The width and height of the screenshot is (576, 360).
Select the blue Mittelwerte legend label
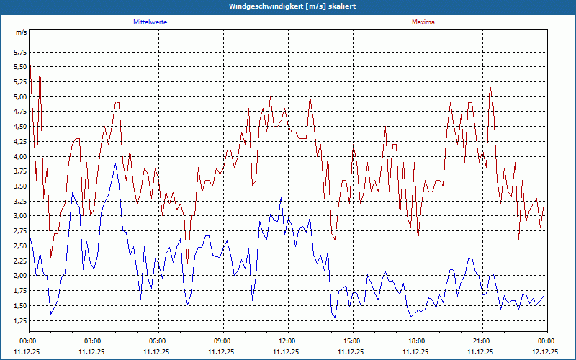(x=150, y=22)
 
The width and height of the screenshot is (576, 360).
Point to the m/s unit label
(x=22, y=33)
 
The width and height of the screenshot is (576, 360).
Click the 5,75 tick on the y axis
(x=19, y=53)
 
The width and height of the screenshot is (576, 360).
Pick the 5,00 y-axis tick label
(x=19, y=97)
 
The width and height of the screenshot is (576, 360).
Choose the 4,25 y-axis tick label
(x=19, y=142)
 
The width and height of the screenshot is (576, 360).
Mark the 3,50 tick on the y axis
(x=19, y=186)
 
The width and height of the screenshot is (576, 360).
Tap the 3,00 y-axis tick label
(x=19, y=216)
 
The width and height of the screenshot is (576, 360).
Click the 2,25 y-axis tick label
(x=19, y=261)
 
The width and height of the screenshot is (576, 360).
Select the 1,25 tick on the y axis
(x=19, y=320)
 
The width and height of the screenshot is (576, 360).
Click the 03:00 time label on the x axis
(x=93, y=341)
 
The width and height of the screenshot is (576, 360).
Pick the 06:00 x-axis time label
(x=158, y=341)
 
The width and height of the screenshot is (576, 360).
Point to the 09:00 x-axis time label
(x=222, y=341)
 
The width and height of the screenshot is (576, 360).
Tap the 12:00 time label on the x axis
(x=287, y=341)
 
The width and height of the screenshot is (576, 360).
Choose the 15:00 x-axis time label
(x=352, y=341)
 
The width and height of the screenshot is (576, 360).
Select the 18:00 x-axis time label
(x=417, y=341)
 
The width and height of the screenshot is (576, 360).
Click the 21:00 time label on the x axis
(x=482, y=341)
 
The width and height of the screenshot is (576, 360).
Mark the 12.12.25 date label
(x=545, y=352)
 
